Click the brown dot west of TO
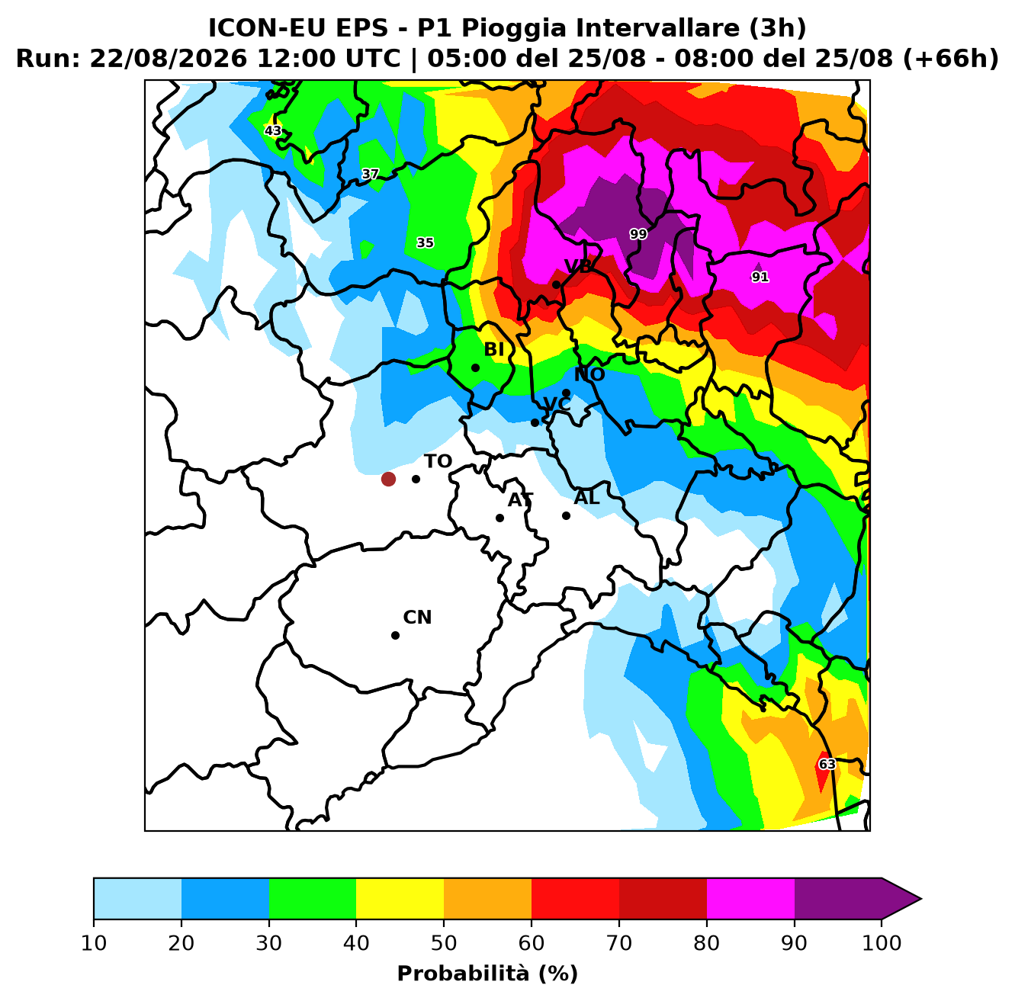tap(388, 479)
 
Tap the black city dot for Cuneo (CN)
tap(395, 635)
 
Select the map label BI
tap(493, 349)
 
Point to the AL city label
tap(586, 497)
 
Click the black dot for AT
tap(499, 518)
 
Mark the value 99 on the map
tap(638, 234)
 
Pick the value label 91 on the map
tap(760, 277)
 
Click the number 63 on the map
tap(827, 764)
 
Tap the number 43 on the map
tap(273, 130)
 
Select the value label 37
tap(371, 174)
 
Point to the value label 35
tap(425, 243)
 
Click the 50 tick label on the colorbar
tap(444, 943)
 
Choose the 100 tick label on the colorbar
tap(882, 943)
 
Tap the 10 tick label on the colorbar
tap(94, 943)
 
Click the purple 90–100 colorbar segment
tap(837, 898)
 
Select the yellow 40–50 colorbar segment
tap(400, 898)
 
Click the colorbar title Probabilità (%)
tap(487, 974)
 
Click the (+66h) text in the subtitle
tap(950, 59)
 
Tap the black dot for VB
tap(556, 285)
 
